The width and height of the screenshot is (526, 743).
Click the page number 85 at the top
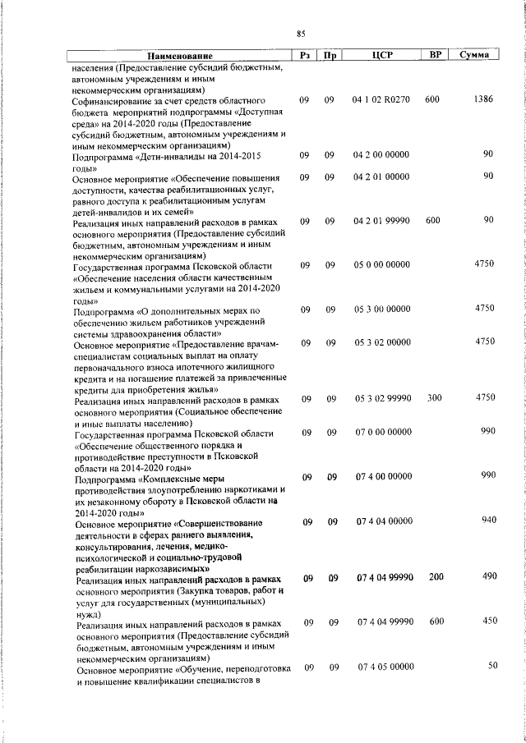[x=301, y=33]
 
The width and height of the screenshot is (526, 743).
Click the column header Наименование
[x=178, y=55]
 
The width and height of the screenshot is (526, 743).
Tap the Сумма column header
[x=475, y=55]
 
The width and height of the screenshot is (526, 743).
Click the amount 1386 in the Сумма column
[x=483, y=99]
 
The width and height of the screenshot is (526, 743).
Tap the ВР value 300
[x=434, y=397]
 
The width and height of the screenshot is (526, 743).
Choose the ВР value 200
[x=436, y=577]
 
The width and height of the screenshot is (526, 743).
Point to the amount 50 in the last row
[x=493, y=666]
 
